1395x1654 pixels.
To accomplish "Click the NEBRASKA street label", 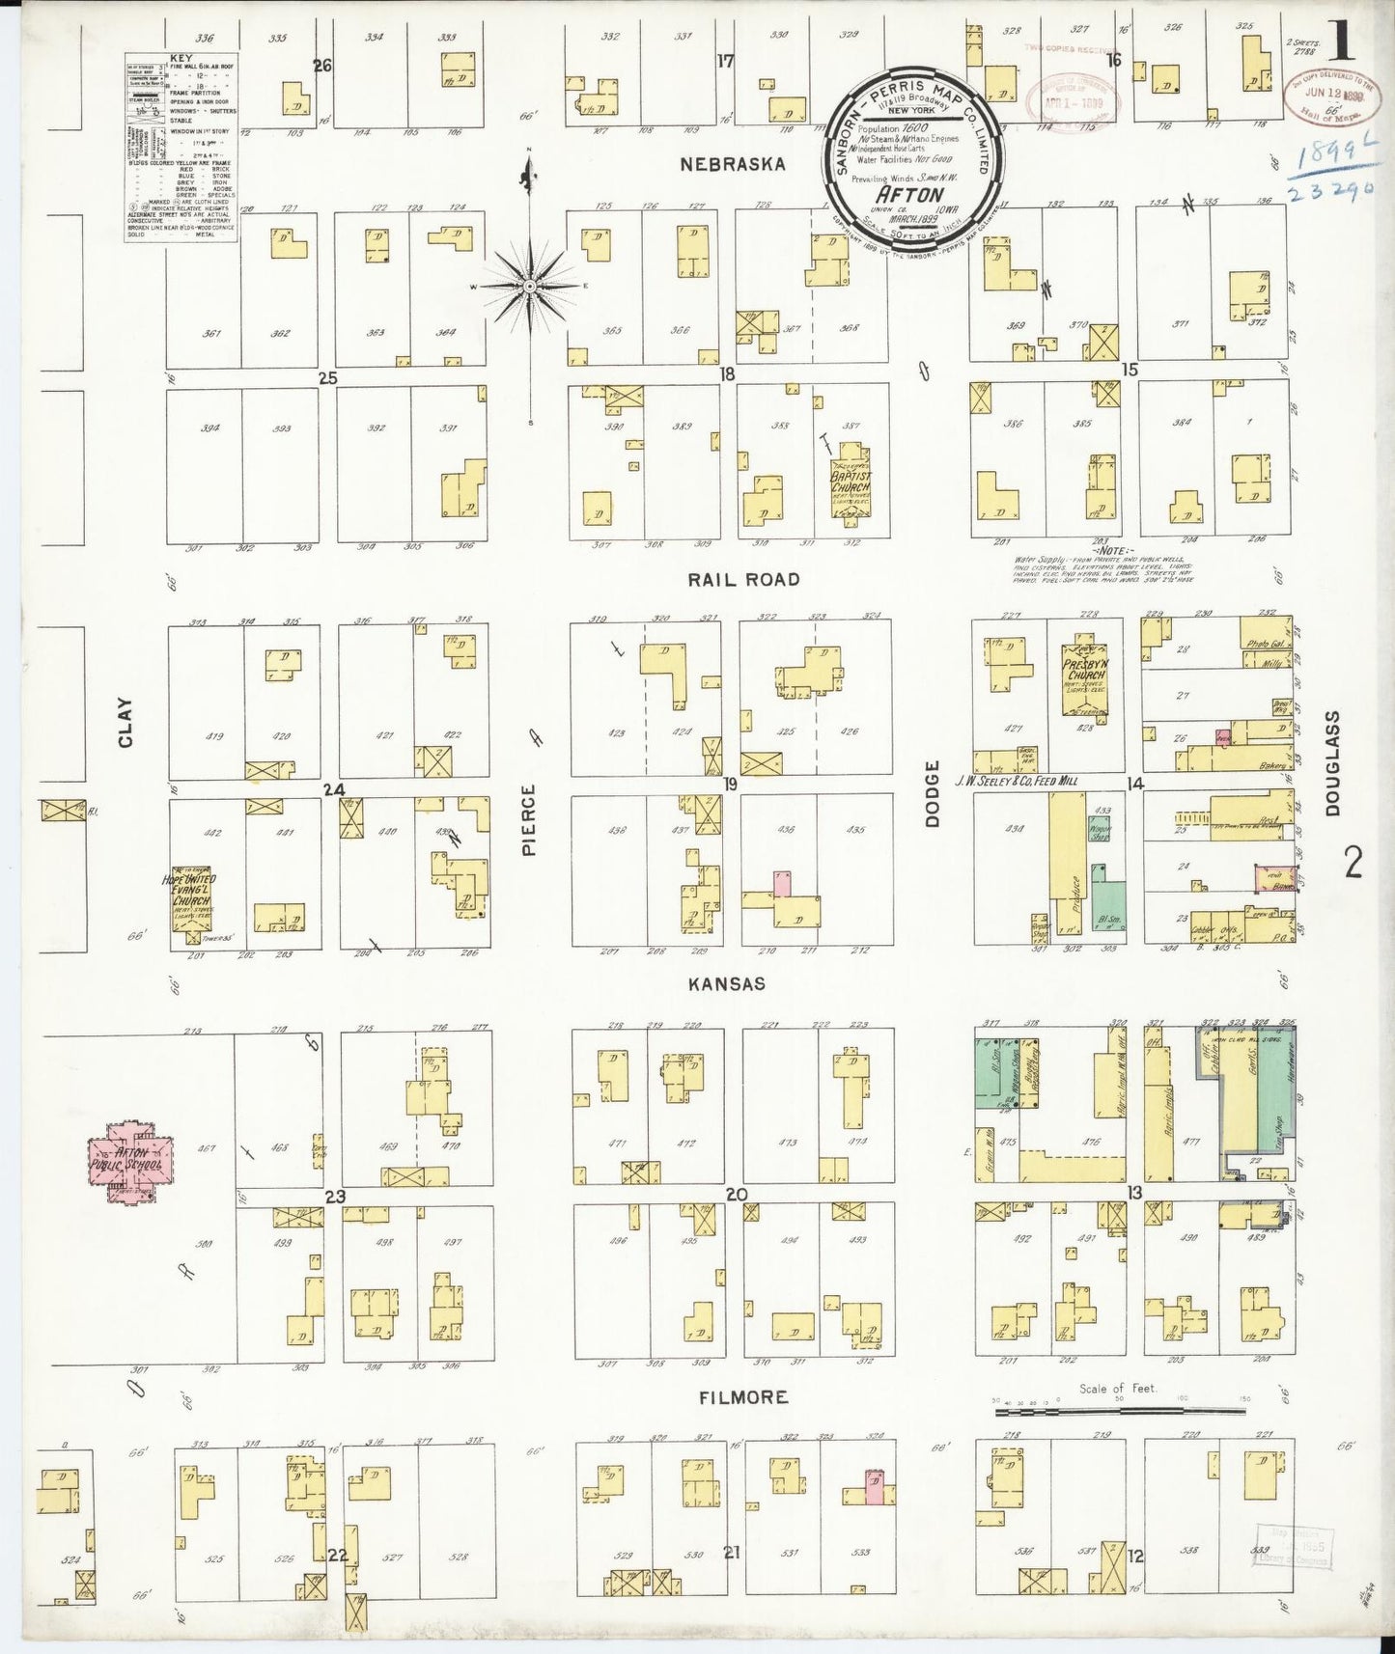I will [x=733, y=164].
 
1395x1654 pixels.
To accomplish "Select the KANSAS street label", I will [x=727, y=984].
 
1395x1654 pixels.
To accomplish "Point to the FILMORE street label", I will [x=743, y=1397].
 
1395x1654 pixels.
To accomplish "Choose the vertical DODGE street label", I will [x=933, y=793].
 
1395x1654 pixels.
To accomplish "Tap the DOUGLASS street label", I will [x=1333, y=763].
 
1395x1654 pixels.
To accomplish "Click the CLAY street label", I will [x=125, y=723].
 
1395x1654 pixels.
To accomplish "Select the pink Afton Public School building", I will [x=131, y=1157].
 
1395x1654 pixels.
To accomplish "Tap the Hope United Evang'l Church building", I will [x=191, y=896].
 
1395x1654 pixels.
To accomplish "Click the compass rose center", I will [x=529, y=287].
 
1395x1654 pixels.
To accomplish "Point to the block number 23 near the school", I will [x=335, y=1197].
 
